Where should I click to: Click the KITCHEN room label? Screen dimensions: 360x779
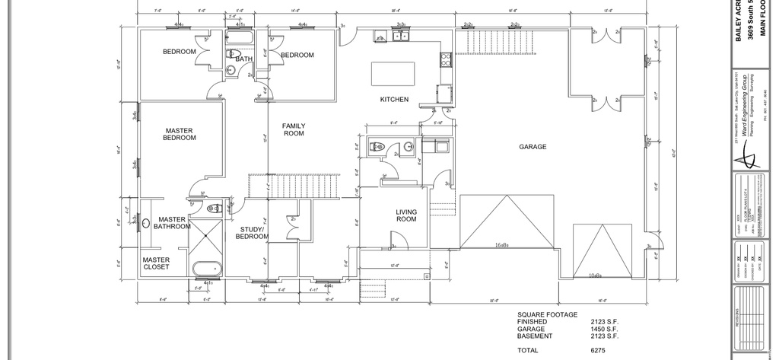pos(394,100)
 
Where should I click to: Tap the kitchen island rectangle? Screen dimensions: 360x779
pos(393,75)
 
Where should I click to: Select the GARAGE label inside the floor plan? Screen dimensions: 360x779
pos(533,147)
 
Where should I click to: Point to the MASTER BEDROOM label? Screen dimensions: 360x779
pos(180,134)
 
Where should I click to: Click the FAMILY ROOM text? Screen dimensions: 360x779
pos(294,129)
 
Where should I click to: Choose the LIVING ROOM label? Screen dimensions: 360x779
pos(406,215)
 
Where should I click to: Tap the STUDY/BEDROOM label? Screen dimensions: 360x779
pos(253,232)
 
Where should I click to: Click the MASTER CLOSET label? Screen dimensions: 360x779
pos(156,263)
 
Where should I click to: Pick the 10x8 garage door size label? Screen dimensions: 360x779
pos(596,275)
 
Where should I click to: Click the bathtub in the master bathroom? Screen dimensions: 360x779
pos(206,269)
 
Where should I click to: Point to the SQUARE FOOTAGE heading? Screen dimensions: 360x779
pos(547,314)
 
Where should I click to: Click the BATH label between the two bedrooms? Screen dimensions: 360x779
pos(243,59)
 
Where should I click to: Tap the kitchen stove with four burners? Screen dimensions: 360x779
pos(446,60)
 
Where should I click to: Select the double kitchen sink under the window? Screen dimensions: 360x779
pos(401,36)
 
